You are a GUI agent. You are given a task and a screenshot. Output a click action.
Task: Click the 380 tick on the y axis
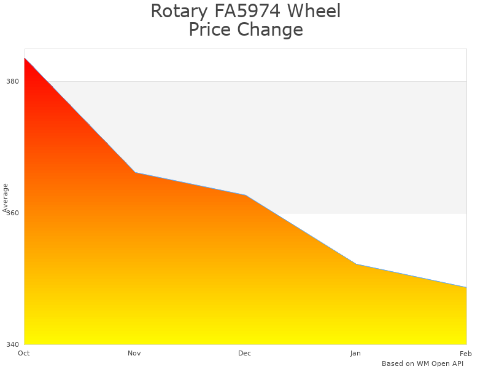(13, 81)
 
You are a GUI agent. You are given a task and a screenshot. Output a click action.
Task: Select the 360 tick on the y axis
(13, 213)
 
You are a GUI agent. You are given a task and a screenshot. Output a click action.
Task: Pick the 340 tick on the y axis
(13, 344)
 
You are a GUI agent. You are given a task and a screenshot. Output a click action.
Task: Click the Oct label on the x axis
(24, 353)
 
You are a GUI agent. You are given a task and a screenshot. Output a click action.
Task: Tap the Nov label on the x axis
(134, 353)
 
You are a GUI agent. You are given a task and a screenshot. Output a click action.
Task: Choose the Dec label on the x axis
(245, 353)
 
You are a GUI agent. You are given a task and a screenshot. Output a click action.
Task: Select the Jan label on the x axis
(355, 353)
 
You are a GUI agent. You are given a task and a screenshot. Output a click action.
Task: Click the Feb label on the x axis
(466, 353)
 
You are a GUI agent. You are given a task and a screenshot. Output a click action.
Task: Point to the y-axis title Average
(6, 197)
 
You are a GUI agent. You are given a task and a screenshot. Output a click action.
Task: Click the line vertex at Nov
(135, 172)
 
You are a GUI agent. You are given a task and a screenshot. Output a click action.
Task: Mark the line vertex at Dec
(245, 195)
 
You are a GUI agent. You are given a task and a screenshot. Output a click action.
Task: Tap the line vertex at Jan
(356, 264)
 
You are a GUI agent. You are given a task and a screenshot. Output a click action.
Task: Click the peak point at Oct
(25, 58)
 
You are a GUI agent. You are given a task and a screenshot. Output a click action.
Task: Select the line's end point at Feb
(466, 287)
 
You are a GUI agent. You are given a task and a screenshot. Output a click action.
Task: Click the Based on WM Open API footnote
(422, 363)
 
